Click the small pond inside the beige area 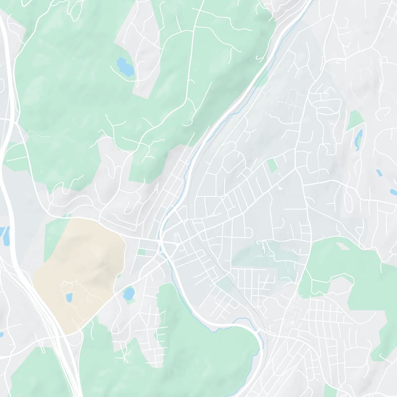[69, 297]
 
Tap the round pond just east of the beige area [129, 293]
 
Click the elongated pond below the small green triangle [358, 140]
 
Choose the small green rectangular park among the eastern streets [272, 165]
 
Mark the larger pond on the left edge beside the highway [6, 236]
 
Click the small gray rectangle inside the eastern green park [342, 245]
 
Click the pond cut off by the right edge [393, 192]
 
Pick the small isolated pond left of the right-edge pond [379, 173]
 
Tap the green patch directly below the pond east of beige [130, 302]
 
